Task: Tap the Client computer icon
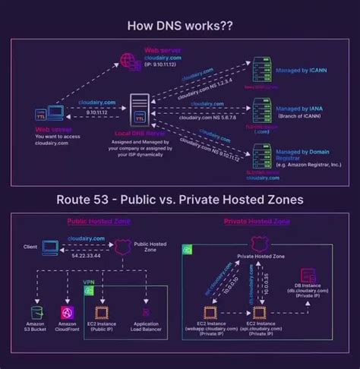coord(51,247)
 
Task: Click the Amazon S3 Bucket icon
coord(34,312)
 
